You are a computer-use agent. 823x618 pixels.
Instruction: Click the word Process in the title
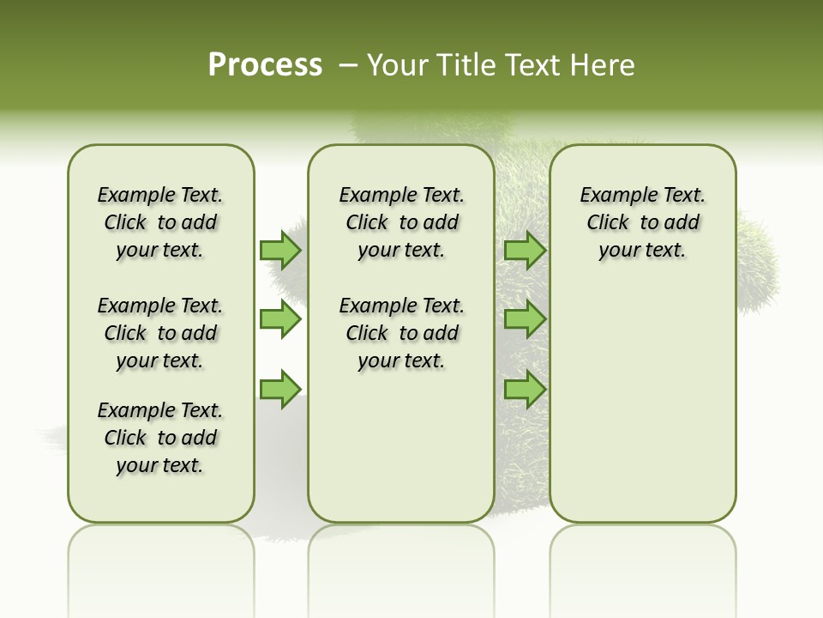pos(265,65)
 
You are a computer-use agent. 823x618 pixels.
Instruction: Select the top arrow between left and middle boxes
pos(280,250)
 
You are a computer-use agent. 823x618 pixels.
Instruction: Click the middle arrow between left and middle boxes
pos(280,319)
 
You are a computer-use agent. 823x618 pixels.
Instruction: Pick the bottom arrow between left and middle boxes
pos(280,389)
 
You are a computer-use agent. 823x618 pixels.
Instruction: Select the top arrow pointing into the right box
pos(525,250)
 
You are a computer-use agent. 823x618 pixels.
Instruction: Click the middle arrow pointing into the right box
pos(525,319)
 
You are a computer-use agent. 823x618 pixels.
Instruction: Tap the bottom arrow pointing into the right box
pos(525,389)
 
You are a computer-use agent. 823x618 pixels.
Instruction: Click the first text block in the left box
pos(160,222)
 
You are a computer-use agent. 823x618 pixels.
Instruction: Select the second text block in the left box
pos(160,333)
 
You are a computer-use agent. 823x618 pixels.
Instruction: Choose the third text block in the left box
pos(160,438)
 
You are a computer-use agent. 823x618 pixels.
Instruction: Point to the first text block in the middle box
pos(401,222)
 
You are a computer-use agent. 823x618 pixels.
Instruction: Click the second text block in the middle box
pos(401,333)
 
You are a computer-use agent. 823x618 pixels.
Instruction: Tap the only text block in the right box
pos(642,222)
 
